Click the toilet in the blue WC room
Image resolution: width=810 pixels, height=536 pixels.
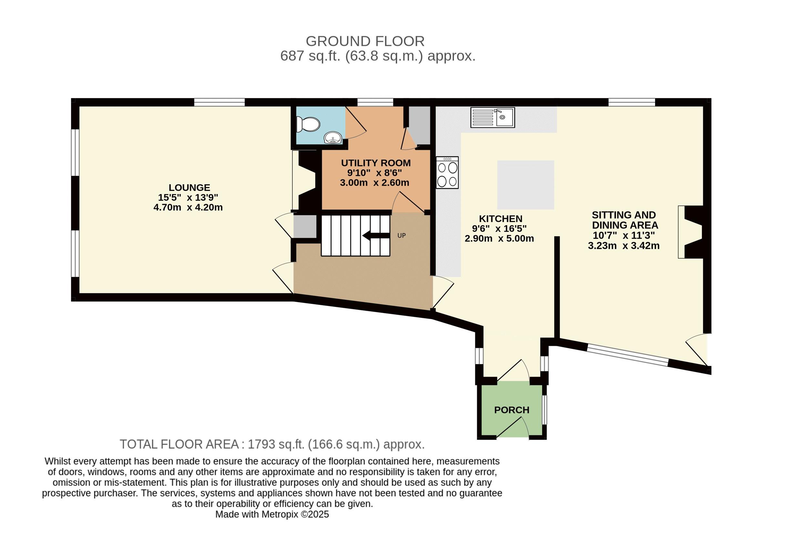[x=308, y=125]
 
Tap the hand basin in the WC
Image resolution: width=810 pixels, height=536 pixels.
[x=333, y=138]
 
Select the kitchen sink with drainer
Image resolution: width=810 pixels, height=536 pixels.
[x=492, y=117]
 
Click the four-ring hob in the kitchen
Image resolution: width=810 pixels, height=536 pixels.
[x=447, y=173]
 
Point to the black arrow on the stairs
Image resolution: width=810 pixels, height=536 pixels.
[x=376, y=235]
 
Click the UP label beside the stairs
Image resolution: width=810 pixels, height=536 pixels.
[x=401, y=236]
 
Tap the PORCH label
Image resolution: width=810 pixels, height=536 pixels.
[x=511, y=410]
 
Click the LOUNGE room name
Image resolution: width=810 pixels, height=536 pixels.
[x=190, y=187]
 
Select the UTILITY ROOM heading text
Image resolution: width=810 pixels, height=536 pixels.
[x=376, y=163]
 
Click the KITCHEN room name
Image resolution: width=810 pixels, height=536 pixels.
[x=501, y=218]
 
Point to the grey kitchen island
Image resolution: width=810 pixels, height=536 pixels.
[x=526, y=185]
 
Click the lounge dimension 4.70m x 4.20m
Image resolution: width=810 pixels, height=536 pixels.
[x=188, y=207]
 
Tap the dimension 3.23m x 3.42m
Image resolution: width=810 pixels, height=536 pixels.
[x=624, y=246]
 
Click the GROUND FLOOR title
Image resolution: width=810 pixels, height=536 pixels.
[x=365, y=41]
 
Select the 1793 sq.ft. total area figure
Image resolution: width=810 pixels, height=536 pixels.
[x=276, y=444]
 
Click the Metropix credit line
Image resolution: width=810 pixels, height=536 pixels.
[x=272, y=514]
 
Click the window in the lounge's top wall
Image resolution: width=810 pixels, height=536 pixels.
[x=220, y=102]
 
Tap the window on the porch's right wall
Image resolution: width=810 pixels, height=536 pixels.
[x=545, y=410]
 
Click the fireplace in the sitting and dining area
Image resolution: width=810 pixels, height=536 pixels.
[x=691, y=232]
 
